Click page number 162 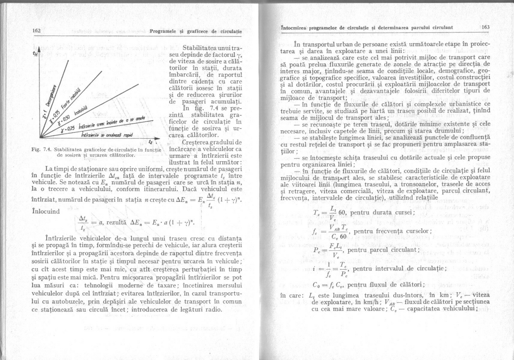coord(36,31)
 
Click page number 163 coord(486,27)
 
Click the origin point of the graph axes coord(40,138)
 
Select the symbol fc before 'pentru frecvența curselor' coord(316,232)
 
